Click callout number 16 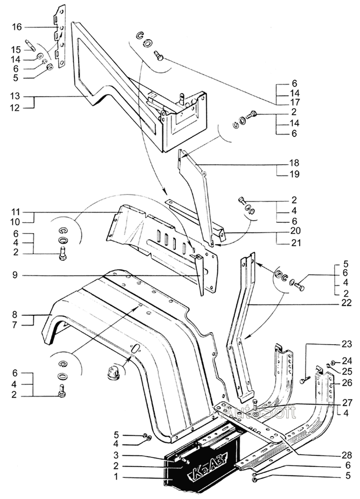pos(17,26)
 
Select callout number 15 pos(17,49)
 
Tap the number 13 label pos(17,96)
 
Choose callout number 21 pos(294,242)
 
